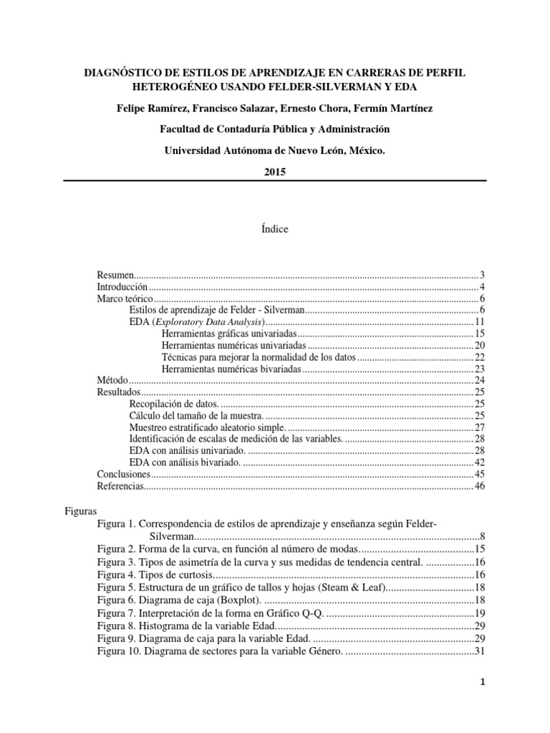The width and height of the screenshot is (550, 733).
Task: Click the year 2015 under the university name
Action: click(x=275, y=172)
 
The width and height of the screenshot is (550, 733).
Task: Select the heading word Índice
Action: click(x=275, y=229)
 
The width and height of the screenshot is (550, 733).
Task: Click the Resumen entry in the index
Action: click(x=115, y=276)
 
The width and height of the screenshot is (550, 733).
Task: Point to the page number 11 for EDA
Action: click(x=481, y=322)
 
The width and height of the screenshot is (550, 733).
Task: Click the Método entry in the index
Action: click(x=111, y=379)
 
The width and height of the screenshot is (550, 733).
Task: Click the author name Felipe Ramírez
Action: click(x=151, y=107)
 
